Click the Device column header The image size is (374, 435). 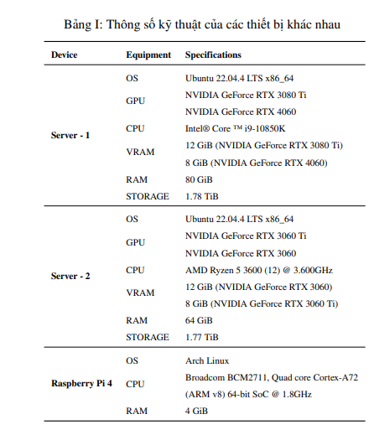click(65, 54)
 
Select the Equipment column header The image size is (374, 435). click(148, 54)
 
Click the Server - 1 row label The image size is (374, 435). click(70, 136)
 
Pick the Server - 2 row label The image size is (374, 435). click(70, 277)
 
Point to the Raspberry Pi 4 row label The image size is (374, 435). click(81, 384)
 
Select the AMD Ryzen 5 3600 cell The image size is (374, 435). click(258, 270)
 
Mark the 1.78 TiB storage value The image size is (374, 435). click(202, 197)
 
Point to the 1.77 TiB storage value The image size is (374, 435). click(202, 338)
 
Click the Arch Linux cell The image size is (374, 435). click(207, 360)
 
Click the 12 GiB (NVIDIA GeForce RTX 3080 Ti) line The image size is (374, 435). click(264, 145)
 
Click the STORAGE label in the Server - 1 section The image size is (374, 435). click(147, 197)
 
